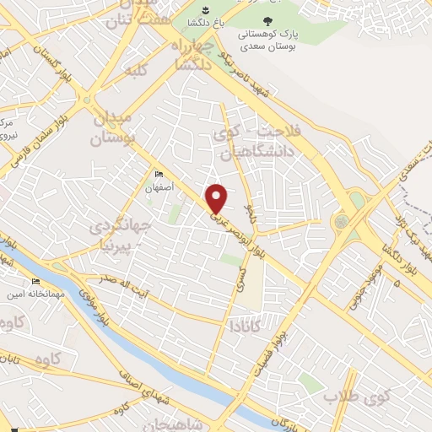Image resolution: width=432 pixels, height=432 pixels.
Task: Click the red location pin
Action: coord(218,197)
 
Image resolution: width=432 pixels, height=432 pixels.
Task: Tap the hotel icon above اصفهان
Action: coord(159,175)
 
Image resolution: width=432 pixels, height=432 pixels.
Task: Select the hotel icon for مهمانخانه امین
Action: coord(35,282)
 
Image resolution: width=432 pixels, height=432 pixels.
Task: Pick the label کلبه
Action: coord(137,71)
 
